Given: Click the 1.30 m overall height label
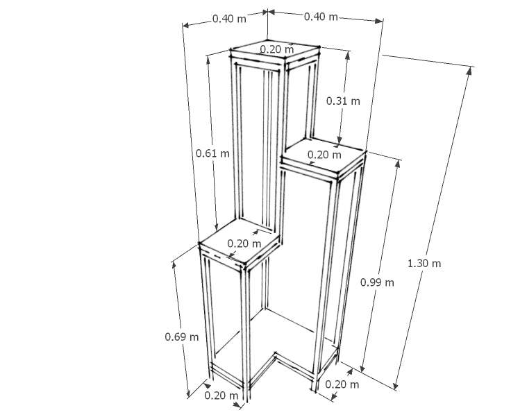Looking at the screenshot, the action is click(x=424, y=263).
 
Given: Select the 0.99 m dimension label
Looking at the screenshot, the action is click(x=377, y=282).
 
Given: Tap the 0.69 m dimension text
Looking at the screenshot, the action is click(x=181, y=337).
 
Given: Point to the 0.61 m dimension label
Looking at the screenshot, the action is click(x=212, y=153).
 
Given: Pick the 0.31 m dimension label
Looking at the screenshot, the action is click(x=343, y=101).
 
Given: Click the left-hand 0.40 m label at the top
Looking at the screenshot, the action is click(x=229, y=19).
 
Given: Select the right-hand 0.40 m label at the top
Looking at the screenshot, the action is click(x=321, y=16).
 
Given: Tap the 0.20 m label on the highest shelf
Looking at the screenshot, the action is click(x=277, y=49).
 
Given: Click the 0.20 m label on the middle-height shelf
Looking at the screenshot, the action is click(x=324, y=155).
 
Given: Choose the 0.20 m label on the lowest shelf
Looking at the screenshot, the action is click(x=244, y=244).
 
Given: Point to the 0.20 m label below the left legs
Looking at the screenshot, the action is click(x=221, y=395).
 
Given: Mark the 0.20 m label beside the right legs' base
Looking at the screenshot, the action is click(x=342, y=384).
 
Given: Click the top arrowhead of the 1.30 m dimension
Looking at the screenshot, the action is click(x=469, y=70).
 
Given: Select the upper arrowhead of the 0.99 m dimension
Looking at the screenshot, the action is click(x=398, y=163).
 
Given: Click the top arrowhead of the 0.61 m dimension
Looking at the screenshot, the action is click(x=208, y=60).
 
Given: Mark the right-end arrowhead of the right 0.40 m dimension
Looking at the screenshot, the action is click(x=378, y=22).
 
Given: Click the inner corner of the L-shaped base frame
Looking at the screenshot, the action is click(x=276, y=355).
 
